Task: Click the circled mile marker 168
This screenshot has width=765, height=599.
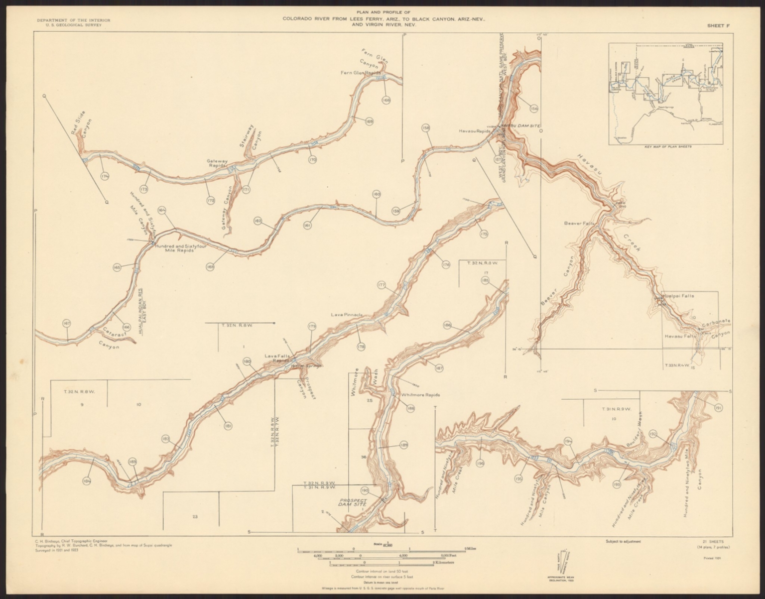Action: coord(386,100)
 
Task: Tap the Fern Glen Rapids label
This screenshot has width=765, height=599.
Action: coord(360,73)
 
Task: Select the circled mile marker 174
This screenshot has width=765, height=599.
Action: coord(105,176)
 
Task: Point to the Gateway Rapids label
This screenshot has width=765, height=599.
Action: coord(218,163)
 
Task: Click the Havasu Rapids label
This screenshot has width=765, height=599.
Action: coord(475,131)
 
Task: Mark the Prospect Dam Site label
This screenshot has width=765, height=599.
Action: coord(353,502)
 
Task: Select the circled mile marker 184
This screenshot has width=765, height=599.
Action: coord(87,481)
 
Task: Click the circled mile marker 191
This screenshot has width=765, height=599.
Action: coord(718,408)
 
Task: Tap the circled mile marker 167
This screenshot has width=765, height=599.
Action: coord(67,324)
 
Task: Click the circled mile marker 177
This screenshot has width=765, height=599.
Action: coord(382,285)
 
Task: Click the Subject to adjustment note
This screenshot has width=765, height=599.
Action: coord(623,540)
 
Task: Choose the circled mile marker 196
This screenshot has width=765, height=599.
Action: coord(480,464)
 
